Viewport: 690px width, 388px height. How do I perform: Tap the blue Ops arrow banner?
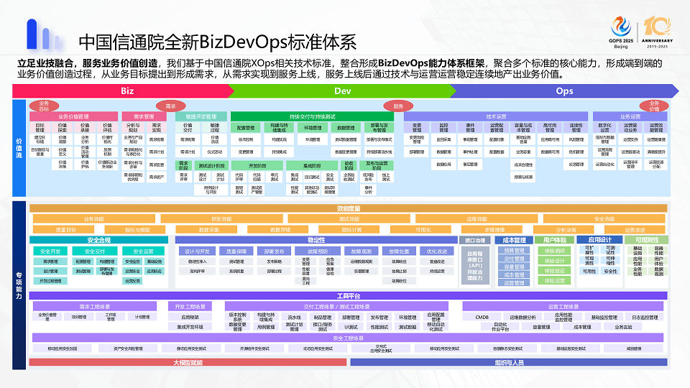click(565, 91)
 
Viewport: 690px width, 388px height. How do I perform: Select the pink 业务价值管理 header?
click(73, 116)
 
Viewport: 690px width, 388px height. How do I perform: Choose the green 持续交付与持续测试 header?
click(313, 116)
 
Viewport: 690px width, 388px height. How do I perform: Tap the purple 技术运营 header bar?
click(496, 116)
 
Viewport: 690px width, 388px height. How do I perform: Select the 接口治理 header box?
click(477, 240)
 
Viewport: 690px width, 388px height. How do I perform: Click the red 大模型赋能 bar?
click(188, 362)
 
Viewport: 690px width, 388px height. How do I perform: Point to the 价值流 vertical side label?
click(19, 149)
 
